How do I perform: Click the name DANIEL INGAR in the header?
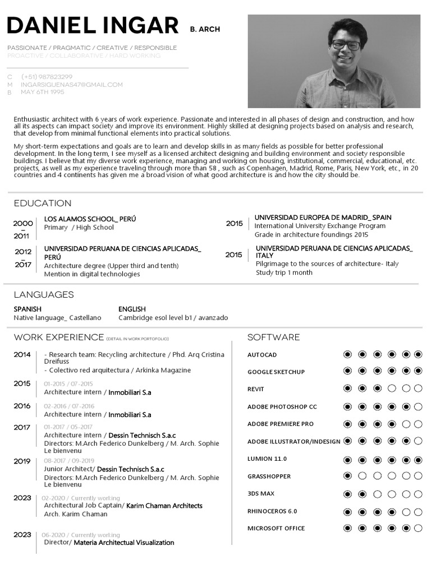[92, 26]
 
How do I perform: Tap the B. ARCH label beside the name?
[205, 29]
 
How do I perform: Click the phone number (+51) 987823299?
[47, 77]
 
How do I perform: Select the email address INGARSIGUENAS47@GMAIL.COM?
[71, 85]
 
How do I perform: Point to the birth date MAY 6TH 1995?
[43, 92]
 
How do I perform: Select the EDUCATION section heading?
[43, 203]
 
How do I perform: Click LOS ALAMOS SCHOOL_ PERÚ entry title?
[90, 219]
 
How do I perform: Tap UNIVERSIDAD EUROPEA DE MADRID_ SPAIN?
[323, 217]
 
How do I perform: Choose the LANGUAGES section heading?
[44, 295]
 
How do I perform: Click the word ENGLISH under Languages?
[132, 309]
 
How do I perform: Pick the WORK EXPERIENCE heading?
[59, 337]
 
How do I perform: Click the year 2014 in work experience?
[22, 355]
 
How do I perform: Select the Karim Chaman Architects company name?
[164, 506]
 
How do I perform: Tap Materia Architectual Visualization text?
[123, 543]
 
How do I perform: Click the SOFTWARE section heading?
[273, 337]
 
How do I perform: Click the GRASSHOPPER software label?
[269, 476]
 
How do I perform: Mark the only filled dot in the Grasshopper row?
[347, 476]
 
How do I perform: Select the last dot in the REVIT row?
[418, 388]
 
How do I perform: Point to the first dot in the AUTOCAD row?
[347, 354]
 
